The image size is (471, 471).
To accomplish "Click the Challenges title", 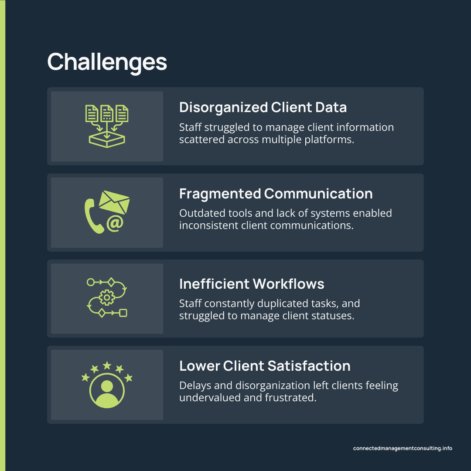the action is click(x=107, y=62).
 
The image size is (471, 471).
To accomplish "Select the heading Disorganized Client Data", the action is click(x=263, y=107).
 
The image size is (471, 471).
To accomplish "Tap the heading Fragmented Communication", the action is click(x=276, y=194).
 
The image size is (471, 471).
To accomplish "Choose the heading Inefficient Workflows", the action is click(x=252, y=284).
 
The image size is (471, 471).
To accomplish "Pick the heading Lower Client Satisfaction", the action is click(x=265, y=365).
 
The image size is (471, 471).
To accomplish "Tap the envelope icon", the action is click(x=114, y=201).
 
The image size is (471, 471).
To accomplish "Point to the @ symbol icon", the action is click(x=114, y=224).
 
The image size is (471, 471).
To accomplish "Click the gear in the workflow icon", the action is click(x=106, y=298).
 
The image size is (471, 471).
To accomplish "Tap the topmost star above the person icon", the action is click(x=107, y=365).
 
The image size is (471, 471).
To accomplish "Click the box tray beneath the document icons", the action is click(x=107, y=139).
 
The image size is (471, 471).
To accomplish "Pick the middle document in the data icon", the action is click(x=107, y=113).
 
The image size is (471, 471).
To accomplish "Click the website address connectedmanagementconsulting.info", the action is click(x=403, y=448).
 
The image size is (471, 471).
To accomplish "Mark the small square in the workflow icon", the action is click(x=123, y=313).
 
